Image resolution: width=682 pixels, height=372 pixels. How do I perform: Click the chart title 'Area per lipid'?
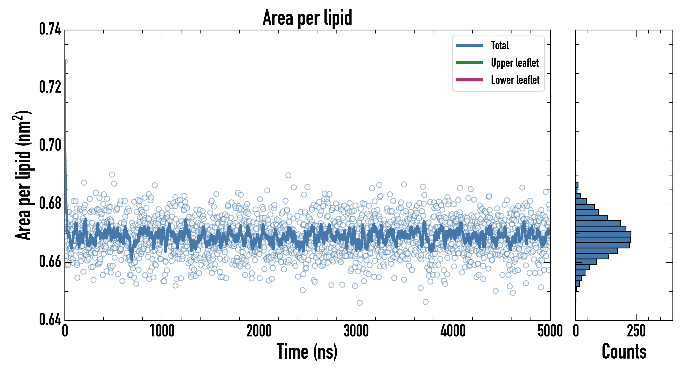[307, 18]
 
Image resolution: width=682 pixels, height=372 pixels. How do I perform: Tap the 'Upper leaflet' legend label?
[514, 63]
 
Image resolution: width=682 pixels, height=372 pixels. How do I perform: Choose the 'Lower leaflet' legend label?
[515, 80]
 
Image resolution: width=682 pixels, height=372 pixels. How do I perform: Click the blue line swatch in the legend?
[469, 45]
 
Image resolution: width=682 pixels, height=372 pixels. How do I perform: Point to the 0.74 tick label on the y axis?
[50, 29]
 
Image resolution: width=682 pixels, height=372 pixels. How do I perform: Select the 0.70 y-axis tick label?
[50, 145]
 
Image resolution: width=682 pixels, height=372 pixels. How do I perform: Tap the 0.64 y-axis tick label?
[50, 320]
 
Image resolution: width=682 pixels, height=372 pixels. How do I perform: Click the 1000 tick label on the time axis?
[162, 331]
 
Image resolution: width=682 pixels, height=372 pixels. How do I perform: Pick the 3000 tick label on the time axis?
[356, 331]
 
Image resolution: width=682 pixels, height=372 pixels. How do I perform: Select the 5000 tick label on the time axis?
[550, 331]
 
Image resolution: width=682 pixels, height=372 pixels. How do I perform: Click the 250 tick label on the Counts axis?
[636, 331]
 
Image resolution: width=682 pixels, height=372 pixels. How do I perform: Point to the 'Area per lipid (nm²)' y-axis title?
[23, 175]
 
